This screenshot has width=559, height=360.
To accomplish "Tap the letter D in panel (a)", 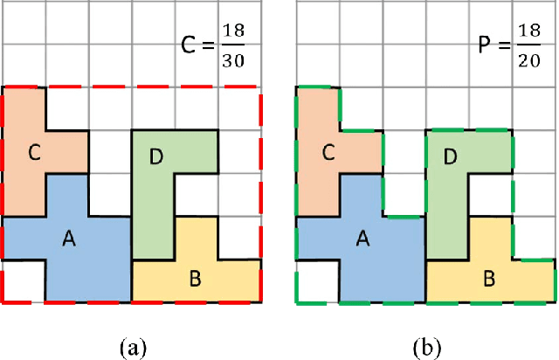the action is [x=156, y=157].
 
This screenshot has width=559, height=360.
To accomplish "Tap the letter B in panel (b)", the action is [x=488, y=280].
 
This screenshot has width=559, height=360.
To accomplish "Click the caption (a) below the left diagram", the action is [x=132, y=346].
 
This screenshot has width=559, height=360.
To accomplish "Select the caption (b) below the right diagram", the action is [x=427, y=346].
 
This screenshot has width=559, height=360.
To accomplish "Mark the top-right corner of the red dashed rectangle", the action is [x=260, y=87].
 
